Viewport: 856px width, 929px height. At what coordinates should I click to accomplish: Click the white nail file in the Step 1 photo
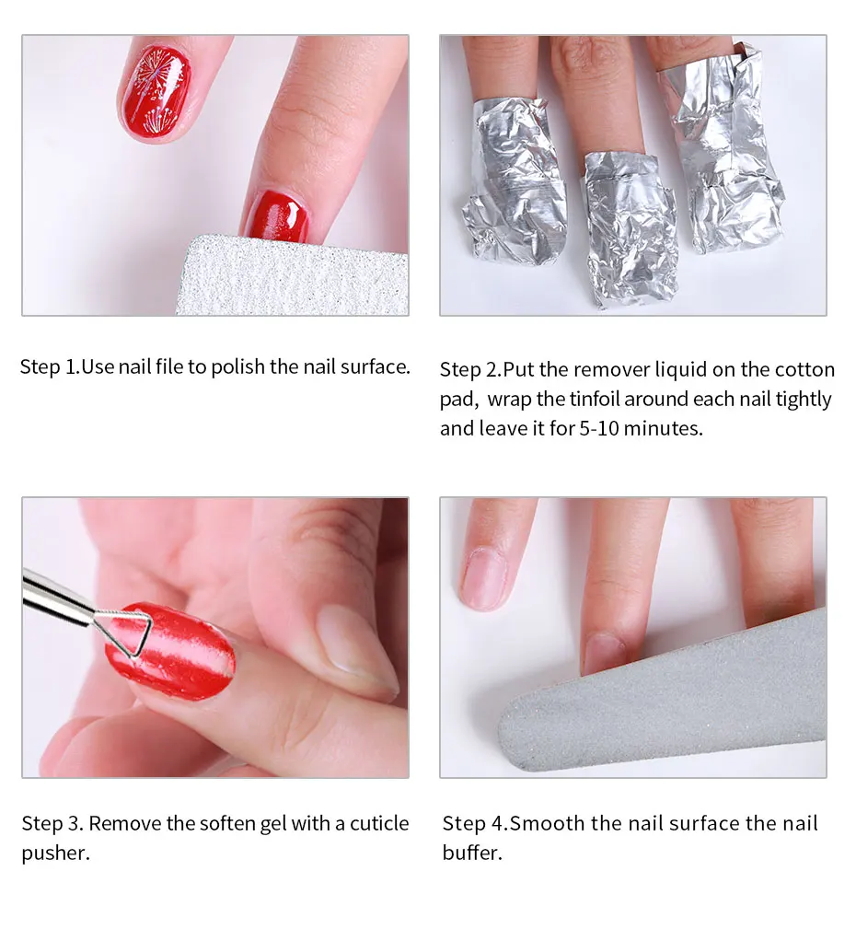pos(292,276)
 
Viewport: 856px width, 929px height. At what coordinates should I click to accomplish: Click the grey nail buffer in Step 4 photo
pos(663,699)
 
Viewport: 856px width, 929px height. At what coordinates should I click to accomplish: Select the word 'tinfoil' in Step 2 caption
pos(594,399)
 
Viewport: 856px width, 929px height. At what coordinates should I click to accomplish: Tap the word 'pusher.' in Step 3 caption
pos(55,854)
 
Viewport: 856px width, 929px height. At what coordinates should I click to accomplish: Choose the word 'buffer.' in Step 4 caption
pos(472,853)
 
